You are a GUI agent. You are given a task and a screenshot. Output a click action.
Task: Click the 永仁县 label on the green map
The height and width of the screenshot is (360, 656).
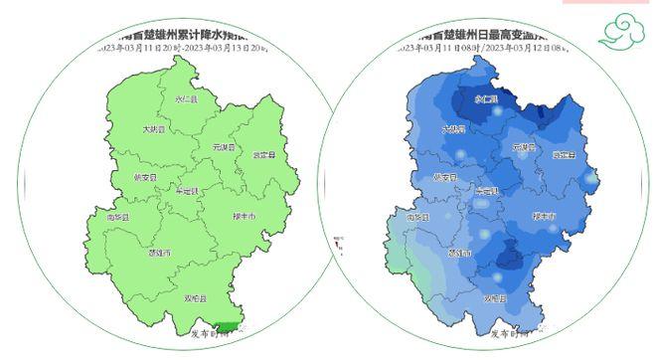click(186, 100)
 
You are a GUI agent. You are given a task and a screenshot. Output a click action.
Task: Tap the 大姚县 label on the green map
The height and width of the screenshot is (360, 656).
click(153, 129)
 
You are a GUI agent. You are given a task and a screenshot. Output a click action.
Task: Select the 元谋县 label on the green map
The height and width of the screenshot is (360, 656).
click(224, 147)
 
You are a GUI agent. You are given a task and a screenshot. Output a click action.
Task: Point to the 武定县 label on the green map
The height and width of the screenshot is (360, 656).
click(263, 155)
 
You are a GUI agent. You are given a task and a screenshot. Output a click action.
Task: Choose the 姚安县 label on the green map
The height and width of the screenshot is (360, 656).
click(145, 178)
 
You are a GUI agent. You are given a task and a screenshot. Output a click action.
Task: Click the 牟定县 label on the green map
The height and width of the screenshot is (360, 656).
click(187, 191)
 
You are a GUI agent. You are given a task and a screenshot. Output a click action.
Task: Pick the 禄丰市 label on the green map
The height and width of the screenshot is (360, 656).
click(244, 216)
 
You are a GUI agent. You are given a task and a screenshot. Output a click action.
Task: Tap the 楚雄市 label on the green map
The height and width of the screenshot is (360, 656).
click(159, 254)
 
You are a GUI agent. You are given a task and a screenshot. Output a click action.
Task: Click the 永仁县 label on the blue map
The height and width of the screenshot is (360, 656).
click(486, 100)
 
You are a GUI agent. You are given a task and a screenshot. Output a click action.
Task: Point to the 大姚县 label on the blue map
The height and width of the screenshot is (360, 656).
click(453, 129)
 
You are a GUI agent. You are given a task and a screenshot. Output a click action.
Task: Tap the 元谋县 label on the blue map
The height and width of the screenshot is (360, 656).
click(524, 147)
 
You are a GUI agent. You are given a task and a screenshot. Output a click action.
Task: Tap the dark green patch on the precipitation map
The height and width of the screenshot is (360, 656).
click(228, 327)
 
